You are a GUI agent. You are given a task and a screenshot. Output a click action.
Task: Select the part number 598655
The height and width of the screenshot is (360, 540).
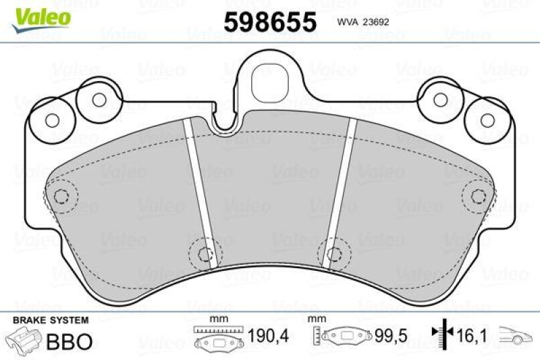click(269, 22)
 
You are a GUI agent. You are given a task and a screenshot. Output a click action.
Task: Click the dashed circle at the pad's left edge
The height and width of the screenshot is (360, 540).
click(61, 197)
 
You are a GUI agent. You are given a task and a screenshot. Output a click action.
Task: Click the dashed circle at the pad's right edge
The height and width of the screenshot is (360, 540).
click(478, 197)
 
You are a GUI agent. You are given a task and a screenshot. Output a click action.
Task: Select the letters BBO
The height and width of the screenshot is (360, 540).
click(69, 340)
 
